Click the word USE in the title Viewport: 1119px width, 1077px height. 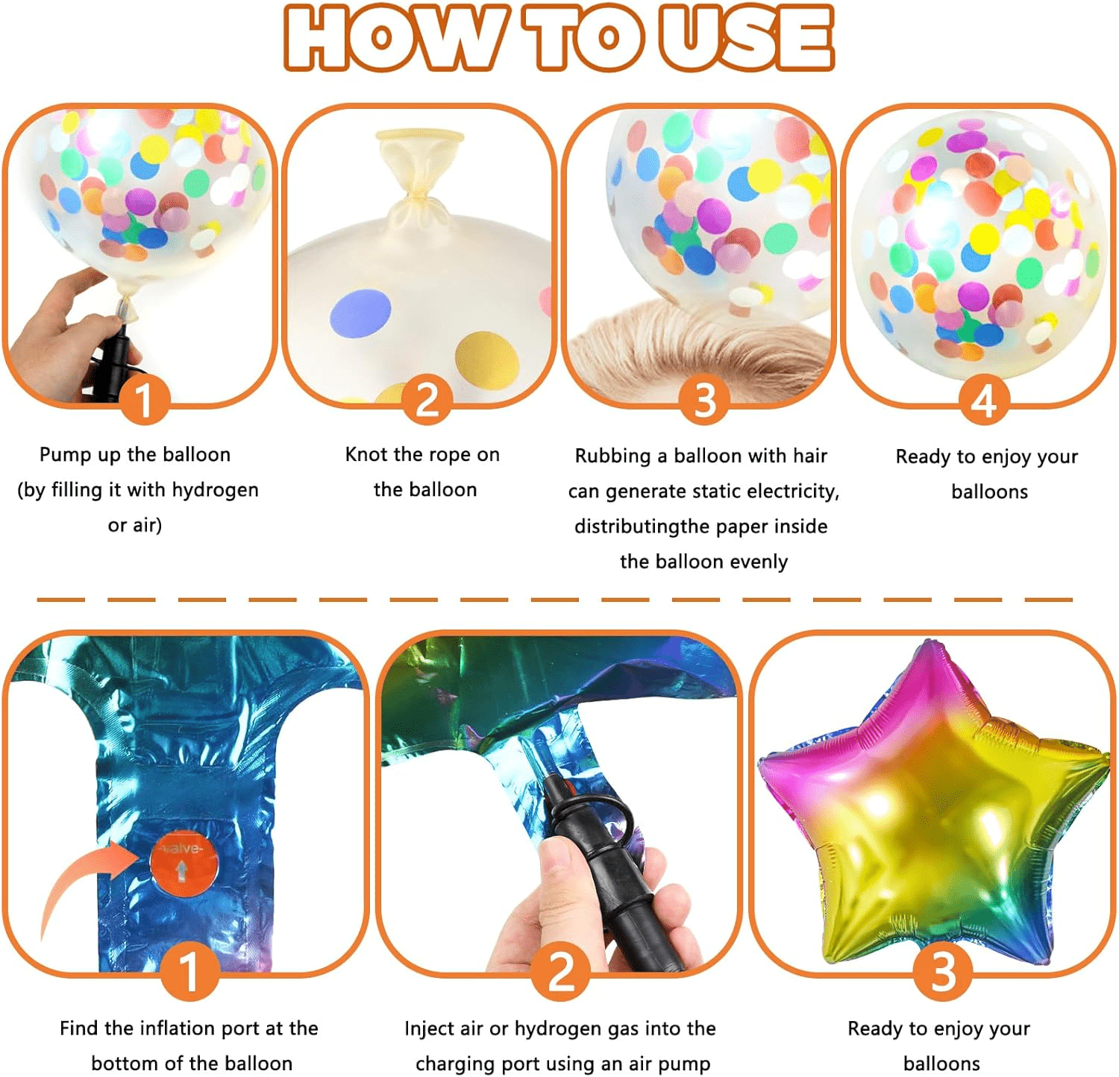click(745, 37)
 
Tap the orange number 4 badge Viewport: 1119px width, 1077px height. click(984, 400)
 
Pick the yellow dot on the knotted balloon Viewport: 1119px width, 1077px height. click(487, 359)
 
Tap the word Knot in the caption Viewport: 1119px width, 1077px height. click(366, 454)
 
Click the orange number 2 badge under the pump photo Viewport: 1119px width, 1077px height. click(561, 971)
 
